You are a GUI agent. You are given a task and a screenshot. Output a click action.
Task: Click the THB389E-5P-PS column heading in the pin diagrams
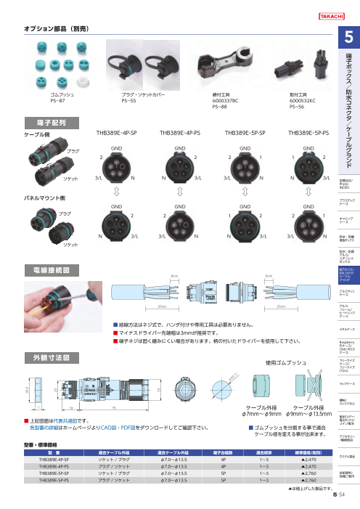coord(308,134)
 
